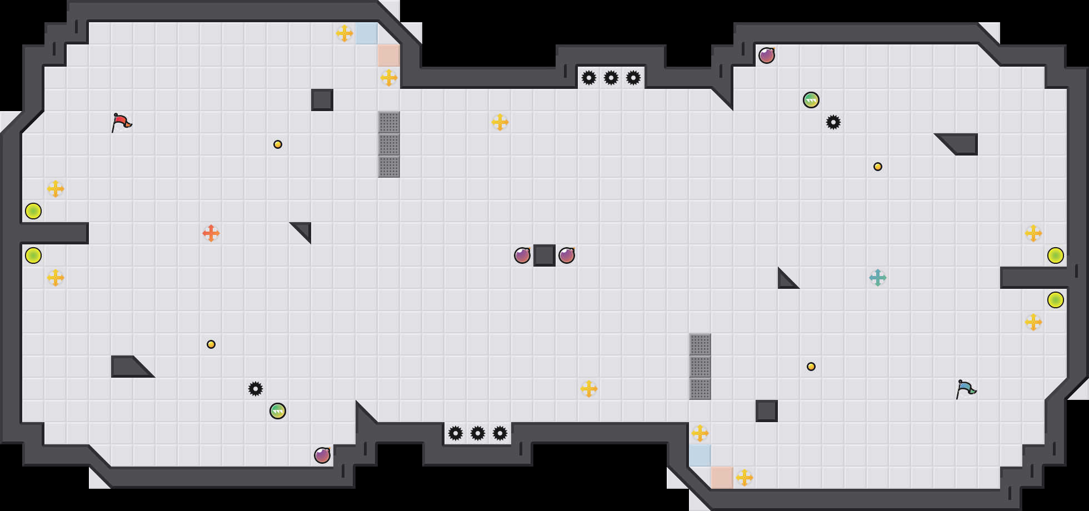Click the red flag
pyautogui.click(x=121, y=122)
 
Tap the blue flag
pyautogui.click(x=966, y=389)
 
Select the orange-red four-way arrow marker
pyautogui.click(x=211, y=233)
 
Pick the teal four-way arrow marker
pyautogui.click(x=878, y=278)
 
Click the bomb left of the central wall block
pyautogui.click(x=522, y=255)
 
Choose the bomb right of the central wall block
pyautogui.click(x=567, y=255)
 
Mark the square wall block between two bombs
pyautogui.click(x=544, y=255)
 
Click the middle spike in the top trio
pyautogui.click(x=611, y=78)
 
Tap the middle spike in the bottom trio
pyautogui.click(x=478, y=433)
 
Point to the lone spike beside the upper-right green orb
pyautogui.click(x=833, y=122)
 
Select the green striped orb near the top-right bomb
pyautogui.click(x=811, y=100)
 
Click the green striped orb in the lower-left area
pyautogui.click(x=278, y=411)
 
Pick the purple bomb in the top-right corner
pyautogui.click(x=767, y=56)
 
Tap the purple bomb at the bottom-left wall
pyautogui.click(x=322, y=455)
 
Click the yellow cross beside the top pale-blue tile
pyautogui.click(x=344, y=33)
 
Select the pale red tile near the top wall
pyautogui.click(x=389, y=56)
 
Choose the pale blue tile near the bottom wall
pyautogui.click(x=700, y=455)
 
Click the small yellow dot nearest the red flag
pyautogui.click(x=278, y=144)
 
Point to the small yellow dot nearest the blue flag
pyautogui.click(x=811, y=367)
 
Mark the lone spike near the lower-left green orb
pyautogui.click(x=256, y=389)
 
